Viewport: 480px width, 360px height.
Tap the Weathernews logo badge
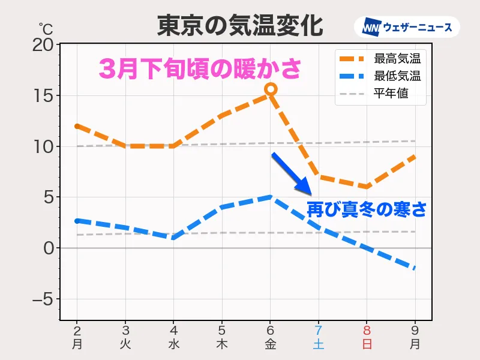pos(407,28)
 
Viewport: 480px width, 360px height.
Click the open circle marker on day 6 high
pos(271,89)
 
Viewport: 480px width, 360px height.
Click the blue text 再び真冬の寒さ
pos(367,209)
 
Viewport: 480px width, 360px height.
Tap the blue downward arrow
pos(292,174)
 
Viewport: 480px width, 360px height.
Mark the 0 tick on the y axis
pos(49,248)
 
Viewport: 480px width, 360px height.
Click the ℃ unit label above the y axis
pos(46,28)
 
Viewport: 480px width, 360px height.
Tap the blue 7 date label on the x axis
pos(319,330)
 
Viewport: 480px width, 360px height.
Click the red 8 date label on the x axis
pos(366,330)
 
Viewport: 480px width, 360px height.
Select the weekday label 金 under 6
pos(270,344)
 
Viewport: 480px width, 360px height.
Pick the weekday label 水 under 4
pos(173,344)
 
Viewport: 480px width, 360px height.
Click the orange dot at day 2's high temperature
pos(77,127)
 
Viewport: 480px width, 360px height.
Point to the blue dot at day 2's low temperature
pos(77,221)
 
